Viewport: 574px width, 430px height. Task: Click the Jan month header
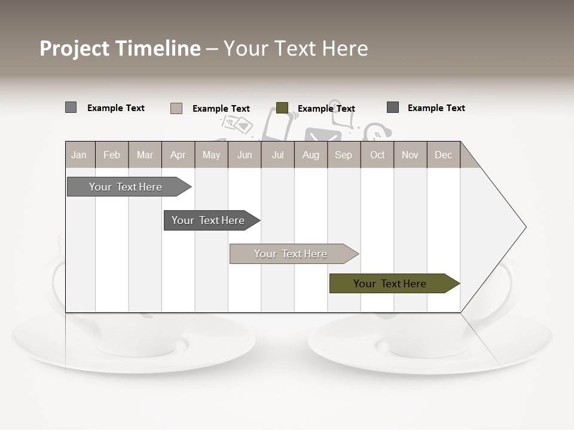79,155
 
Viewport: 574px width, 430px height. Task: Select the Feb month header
112,155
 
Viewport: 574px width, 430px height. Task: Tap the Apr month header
178,155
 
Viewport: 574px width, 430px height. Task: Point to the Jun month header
245,155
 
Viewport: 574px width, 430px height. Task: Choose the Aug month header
310,155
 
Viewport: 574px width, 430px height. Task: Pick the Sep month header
343,155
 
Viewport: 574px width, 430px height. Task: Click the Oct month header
377,155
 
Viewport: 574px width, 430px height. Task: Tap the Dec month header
443,155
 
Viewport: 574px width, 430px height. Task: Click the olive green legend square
282,108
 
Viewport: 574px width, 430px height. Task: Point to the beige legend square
176,108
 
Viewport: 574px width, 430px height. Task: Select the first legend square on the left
71,107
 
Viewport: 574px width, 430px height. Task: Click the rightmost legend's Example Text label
436,108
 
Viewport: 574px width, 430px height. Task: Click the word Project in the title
74,48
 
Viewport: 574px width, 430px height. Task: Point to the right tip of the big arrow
524,227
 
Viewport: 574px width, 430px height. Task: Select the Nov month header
410,155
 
